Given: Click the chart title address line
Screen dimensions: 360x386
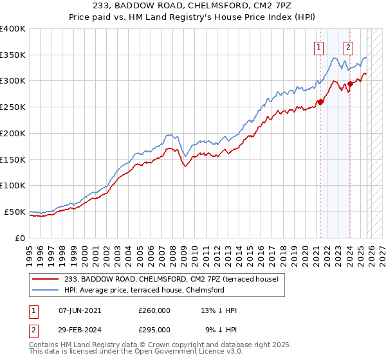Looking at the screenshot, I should (x=193, y=6).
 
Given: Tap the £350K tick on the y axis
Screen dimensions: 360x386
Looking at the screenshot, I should (x=13, y=55).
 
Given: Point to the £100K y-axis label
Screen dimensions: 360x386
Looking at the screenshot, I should (x=13, y=185).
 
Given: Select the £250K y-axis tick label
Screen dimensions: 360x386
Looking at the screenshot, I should (x=13, y=107).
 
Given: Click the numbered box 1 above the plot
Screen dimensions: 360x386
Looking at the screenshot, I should (x=319, y=46).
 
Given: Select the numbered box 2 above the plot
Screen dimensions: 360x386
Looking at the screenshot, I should (x=348, y=46).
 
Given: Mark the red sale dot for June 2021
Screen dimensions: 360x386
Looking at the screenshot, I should (x=320, y=101).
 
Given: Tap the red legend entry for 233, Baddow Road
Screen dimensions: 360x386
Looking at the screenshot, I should (x=172, y=279).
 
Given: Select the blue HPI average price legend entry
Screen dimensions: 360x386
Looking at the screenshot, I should (x=144, y=290).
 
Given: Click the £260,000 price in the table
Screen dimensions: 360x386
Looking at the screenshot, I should (x=154, y=310).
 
